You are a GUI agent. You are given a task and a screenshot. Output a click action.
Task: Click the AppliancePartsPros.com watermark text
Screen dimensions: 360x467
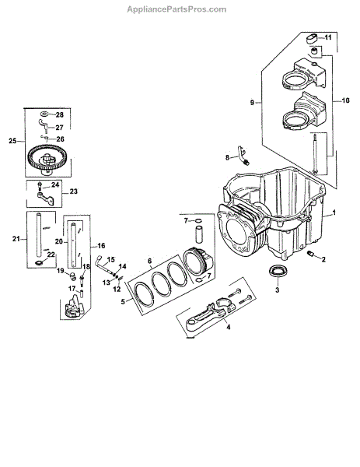click(177, 9)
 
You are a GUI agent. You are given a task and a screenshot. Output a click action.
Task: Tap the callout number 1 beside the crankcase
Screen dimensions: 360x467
click(334, 212)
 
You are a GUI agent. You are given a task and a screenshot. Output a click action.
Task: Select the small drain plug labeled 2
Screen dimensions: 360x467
click(310, 254)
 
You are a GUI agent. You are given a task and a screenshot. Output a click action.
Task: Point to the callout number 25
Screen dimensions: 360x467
click(12, 141)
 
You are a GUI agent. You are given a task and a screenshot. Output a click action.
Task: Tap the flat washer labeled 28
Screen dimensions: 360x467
click(44, 114)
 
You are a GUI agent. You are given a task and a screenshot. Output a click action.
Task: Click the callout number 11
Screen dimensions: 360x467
click(328, 37)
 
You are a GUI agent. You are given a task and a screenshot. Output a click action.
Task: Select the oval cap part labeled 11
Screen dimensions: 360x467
click(313, 38)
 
